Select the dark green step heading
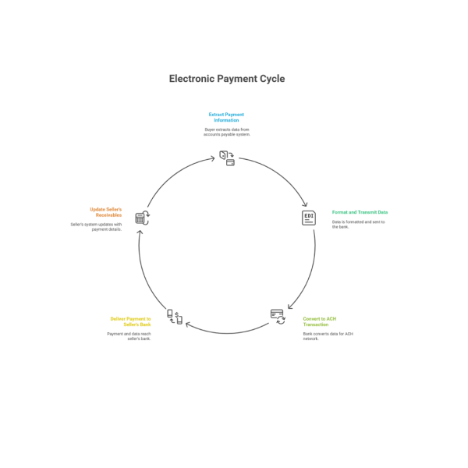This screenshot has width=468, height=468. click(x=360, y=212)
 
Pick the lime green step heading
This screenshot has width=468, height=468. click(x=320, y=321)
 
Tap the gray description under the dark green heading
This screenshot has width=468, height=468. click(x=359, y=224)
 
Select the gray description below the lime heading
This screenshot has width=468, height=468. click(x=322, y=335)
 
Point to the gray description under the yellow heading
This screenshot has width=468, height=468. click(x=129, y=335)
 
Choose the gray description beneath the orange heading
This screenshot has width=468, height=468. click(x=97, y=226)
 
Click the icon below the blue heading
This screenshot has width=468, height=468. click(x=227, y=158)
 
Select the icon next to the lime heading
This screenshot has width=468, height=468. click(x=278, y=316)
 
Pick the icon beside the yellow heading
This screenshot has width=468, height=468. click(x=175, y=316)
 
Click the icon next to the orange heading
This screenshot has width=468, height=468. click(x=143, y=218)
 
